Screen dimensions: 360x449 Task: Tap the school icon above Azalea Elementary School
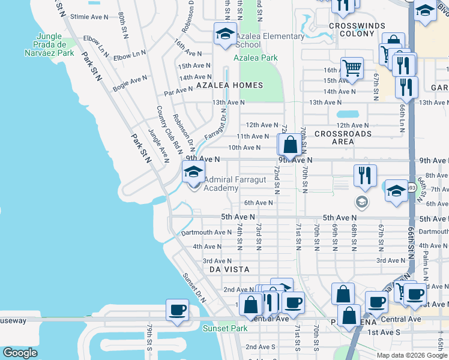[225, 34]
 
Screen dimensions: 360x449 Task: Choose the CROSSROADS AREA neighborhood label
[343, 137]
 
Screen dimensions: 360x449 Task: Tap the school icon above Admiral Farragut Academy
[193, 172]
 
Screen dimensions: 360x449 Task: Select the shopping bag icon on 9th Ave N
[289, 145]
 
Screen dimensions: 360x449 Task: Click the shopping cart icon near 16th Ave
[352, 68]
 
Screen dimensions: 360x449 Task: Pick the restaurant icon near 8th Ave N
[364, 175]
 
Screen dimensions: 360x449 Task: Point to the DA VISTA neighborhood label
[229, 270]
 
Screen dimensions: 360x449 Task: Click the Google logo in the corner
[20, 353]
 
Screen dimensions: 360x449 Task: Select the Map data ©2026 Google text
[412, 355]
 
